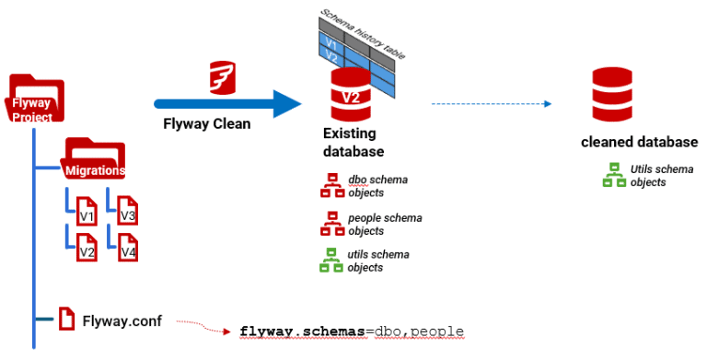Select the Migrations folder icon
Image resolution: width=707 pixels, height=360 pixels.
pos(94,159)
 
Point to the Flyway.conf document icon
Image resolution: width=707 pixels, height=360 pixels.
pos(66,319)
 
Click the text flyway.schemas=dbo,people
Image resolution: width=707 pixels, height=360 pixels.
pos(351,331)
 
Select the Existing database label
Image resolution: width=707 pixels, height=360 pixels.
pos(353,143)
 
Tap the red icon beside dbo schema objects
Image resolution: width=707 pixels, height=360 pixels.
pos(331,185)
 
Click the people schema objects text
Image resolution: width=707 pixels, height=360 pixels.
pos(385,224)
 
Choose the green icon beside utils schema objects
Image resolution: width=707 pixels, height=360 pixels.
pos(331,261)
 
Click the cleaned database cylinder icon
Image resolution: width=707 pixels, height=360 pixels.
pos(610,97)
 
